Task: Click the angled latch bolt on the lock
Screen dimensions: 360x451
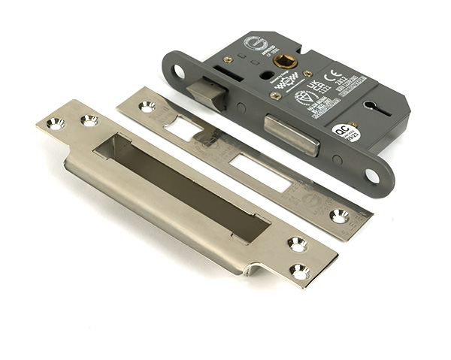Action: pyautogui.click(x=205, y=94)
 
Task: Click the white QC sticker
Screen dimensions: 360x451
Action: pyautogui.click(x=347, y=133)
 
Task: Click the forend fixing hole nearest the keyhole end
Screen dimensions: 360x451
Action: pyautogui.click(x=371, y=175)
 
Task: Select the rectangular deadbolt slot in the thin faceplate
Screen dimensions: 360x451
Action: pyautogui.click(x=259, y=171)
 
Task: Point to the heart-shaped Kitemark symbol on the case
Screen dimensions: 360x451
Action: pyautogui.click(x=304, y=98)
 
